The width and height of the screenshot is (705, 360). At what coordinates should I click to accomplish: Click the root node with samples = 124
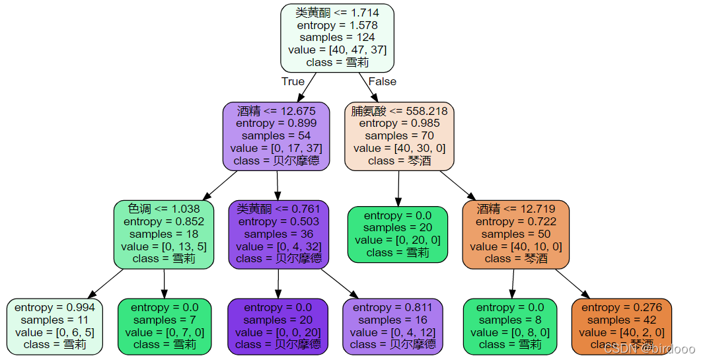pyautogui.click(x=337, y=38)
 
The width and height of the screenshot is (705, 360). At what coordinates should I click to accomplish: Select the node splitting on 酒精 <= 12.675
pyautogui.click(x=276, y=136)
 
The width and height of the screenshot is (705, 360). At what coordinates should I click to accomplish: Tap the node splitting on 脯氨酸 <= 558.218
pyautogui.click(x=399, y=136)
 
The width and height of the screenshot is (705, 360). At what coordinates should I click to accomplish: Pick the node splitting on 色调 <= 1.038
pyautogui.click(x=165, y=234)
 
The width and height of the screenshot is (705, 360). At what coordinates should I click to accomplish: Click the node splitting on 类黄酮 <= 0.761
pyautogui.click(x=278, y=234)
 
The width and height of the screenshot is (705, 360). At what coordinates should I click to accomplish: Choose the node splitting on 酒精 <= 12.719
pyautogui.click(x=515, y=234)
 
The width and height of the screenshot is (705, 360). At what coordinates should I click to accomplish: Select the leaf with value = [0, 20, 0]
pyautogui.click(x=398, y=234)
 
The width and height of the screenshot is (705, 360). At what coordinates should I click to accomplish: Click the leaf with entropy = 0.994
pyautogui.click(x=54, y=326)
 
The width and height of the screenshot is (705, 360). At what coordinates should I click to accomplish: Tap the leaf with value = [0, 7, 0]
pyautogui.click(x=165, y=326)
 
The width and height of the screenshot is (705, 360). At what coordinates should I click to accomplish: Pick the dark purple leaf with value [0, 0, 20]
pyautogui.click(x=278, y=326)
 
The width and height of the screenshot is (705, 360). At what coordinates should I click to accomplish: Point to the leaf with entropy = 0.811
pyautogui.click(x=392, y=326)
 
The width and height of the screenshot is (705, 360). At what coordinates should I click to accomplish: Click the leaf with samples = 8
pyautogui.click(x=511, y=326)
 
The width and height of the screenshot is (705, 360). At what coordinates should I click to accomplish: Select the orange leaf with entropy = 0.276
pyautogui.click(x=621, y=326)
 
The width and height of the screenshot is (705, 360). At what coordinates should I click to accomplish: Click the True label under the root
pyautogui.click(x=293, y=81)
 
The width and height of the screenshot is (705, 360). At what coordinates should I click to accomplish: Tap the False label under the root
pyautogui.click(x=382, y=81)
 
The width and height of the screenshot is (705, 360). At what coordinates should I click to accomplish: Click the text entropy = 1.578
pyautogui.click(x=337, y=25)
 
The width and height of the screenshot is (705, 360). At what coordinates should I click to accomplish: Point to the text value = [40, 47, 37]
pyautogui.click(x=337, y=50)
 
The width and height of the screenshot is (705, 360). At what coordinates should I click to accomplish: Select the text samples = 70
pyautogui.click(x=399, y=136)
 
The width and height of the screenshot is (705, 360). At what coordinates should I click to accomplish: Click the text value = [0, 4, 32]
pyautogui.click(x=278, y=246)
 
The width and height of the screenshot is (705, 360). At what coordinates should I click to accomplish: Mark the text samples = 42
pyautogui.click(x=621, y=320)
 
